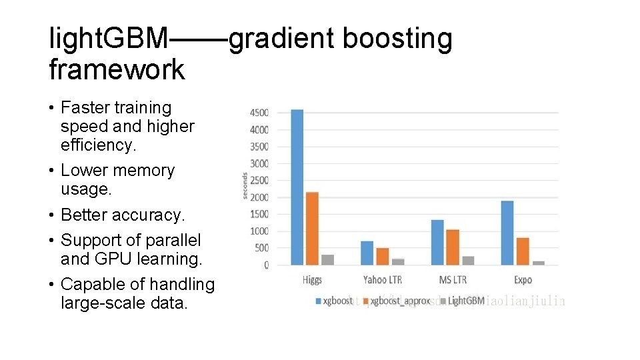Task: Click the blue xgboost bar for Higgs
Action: tap(297, 187)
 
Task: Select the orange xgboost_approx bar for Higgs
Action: tap(312, 228)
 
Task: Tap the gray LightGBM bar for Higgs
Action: tap(327, 259)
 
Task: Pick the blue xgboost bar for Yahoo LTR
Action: tap(367, 253)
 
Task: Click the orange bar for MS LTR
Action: tap(453, 247)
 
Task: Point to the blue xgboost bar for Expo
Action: tap(507, 233)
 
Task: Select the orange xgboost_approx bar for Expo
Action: tap(523, 251)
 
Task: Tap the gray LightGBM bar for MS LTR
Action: tap(468, 260)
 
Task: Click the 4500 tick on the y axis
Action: tap(259, 113)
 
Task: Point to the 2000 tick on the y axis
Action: tap(259, 197)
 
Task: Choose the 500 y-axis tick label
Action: tap(261, 248)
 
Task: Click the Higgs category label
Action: tap(312, 280)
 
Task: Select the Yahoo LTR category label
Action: tap(383, 280)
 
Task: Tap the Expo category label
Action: tap(523, 280)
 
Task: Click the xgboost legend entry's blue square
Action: tap(318, 301)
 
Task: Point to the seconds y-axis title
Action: tap(245, 186)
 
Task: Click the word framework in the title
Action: tap(117, 69)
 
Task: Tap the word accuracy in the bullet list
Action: tap(149, 215)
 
